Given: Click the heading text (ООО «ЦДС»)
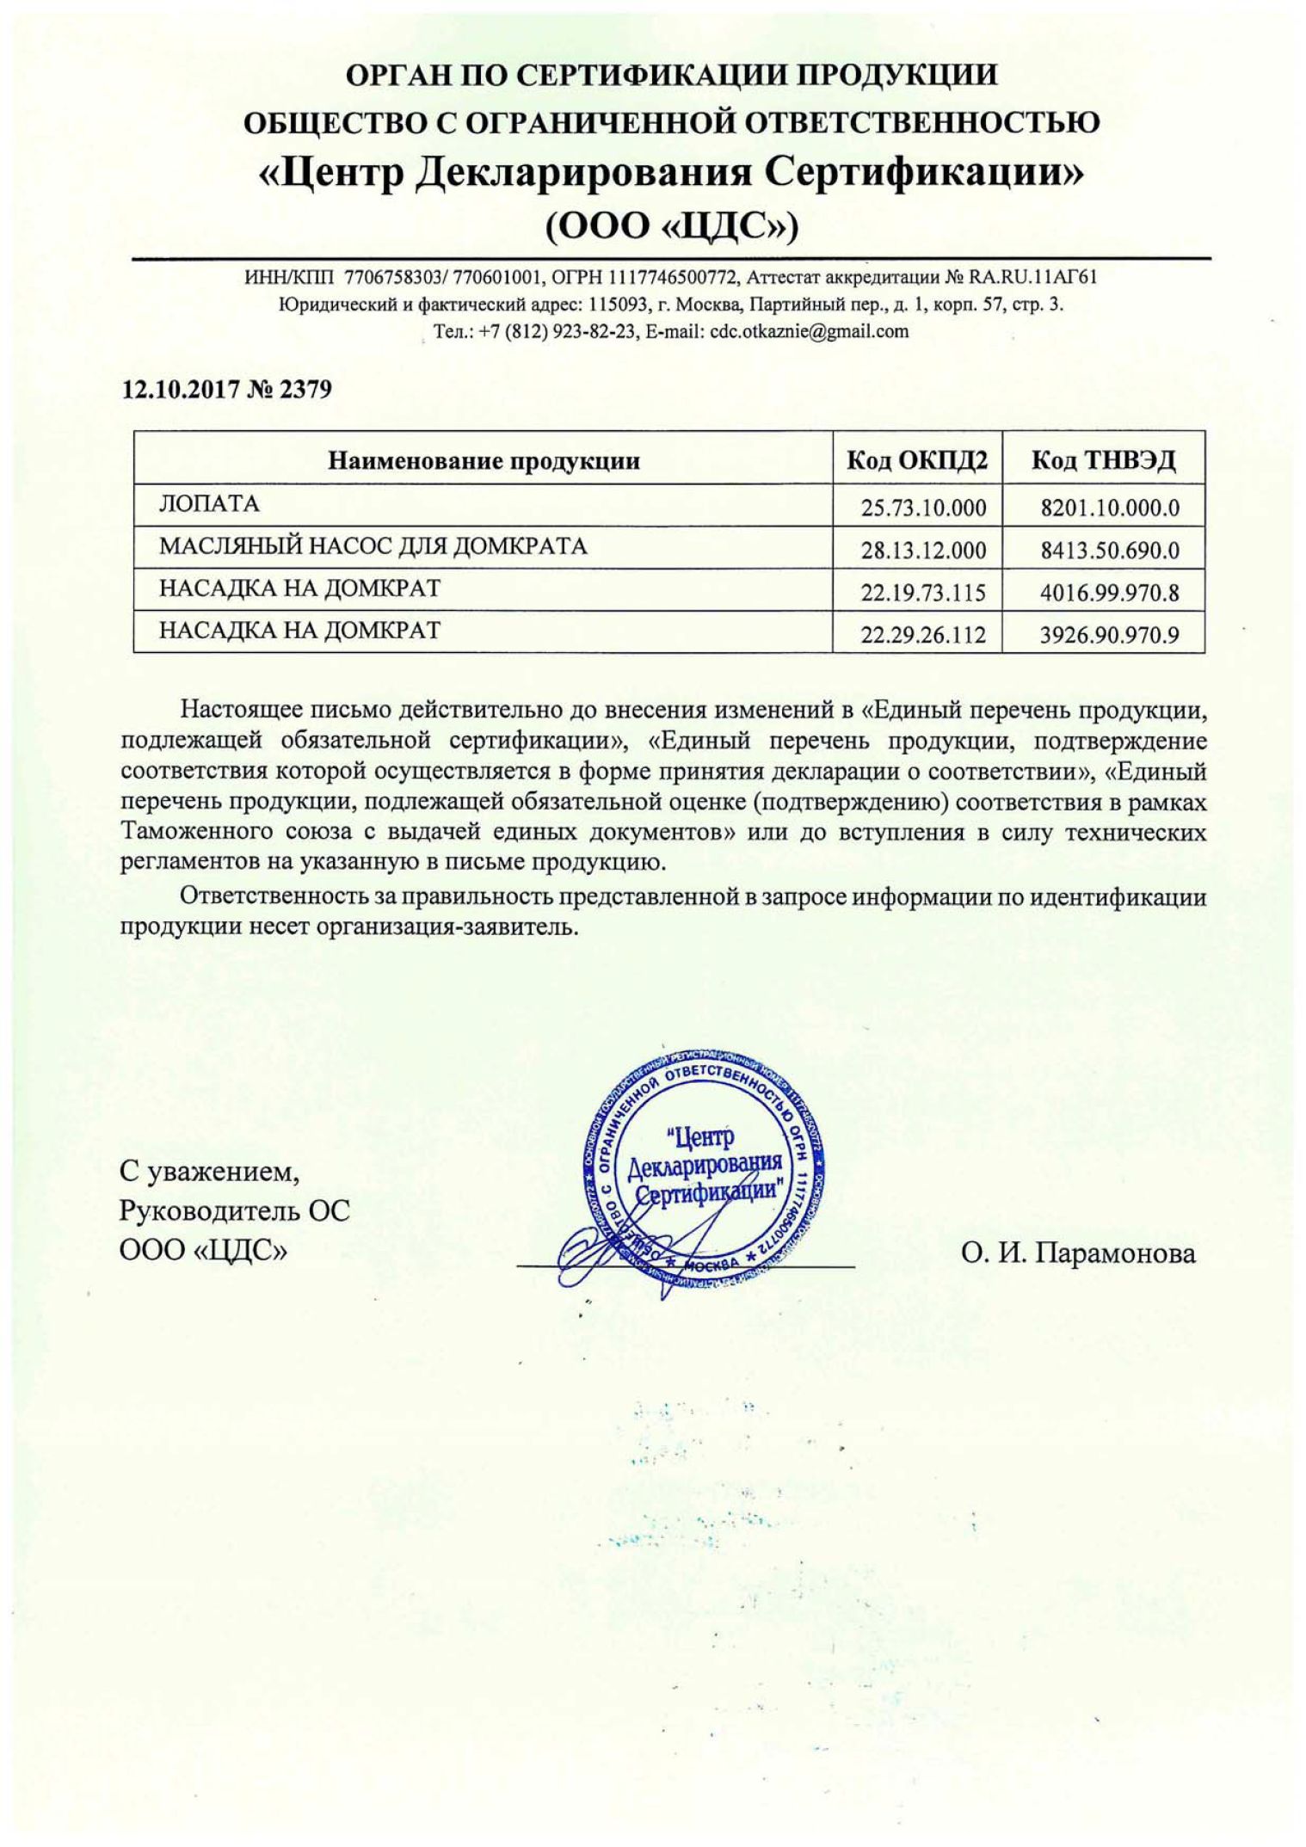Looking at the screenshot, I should pyautogui.click(x=672, y=226).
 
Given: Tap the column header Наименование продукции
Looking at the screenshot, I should pyautogui.click(x=484, y=461).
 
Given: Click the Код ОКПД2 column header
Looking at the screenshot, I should pyautogui.click(x=917, y=461).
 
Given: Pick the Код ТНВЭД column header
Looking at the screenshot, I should pyautogui.click(x=1103, y=461).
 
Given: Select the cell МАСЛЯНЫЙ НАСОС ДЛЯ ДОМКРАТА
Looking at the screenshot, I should pyautogui.click(x=373, y=546).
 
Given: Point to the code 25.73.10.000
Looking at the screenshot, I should pyautogui.click(x=923, y=508).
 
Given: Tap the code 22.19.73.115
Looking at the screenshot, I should pyautogui.click(x=923, y=593).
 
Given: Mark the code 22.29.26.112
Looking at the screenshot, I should pyautogui.click(x=923, y=636).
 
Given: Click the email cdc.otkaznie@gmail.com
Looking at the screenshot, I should pyautogui.click(x=809, y=331).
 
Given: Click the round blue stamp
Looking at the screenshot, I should pyautogui.click(x=704, y=1172).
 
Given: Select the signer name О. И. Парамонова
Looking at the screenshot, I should pyautogui.click(x=1078, y=1253).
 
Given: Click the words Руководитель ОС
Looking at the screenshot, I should pyautogui.click(x=234, y=1211).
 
